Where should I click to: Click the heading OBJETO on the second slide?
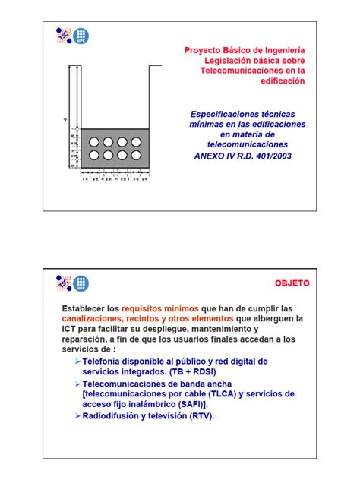tap(292, 282)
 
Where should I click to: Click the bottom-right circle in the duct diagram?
tap(136, 156)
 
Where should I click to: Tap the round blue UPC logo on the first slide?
tap(80, 36)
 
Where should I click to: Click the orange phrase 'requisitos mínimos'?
tap(160, 309)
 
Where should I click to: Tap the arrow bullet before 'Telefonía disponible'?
tap(78, 361)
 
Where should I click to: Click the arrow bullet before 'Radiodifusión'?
tap(78, 416)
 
